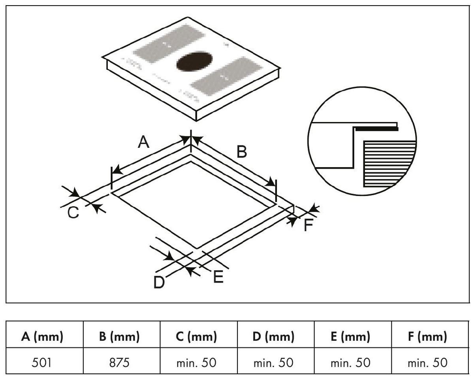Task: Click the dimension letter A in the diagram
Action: point(144,142)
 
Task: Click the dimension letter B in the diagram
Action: point(241,151)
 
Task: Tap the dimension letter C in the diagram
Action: point(73,212)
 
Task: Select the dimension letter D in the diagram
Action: point(159,282)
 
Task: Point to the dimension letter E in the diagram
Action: point(218,276)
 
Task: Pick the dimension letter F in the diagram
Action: point(308,226)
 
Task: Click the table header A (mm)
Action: point(42,337)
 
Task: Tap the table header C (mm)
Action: point(197,337)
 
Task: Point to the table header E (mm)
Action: point(351,337)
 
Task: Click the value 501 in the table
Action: point(42,362)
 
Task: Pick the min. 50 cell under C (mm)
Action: point(197,362)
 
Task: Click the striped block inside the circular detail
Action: point(389,162)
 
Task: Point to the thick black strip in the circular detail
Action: point(376,129)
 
